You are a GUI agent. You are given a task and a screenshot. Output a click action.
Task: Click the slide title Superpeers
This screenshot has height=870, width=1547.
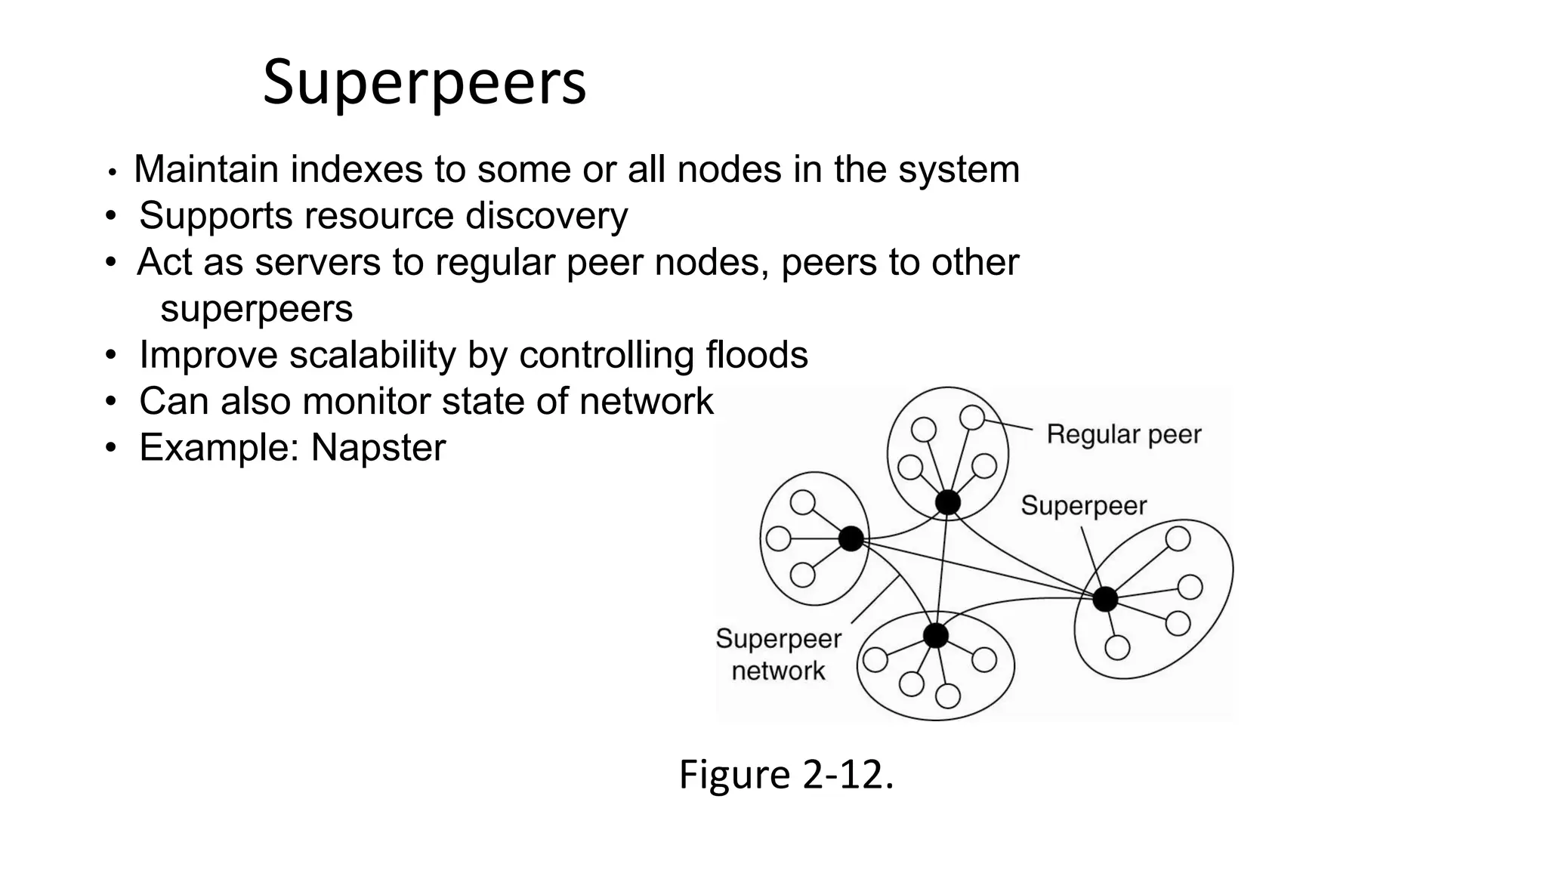424,82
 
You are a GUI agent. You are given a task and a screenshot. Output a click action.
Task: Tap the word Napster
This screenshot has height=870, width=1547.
378,448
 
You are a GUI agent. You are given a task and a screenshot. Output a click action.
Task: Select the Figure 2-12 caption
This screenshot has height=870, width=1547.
786,775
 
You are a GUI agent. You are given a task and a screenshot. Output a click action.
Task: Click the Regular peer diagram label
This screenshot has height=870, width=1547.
1123,434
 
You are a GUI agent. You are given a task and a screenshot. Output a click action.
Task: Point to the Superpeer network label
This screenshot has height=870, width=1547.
778,655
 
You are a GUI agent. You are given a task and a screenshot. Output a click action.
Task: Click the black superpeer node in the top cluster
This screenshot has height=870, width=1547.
947,502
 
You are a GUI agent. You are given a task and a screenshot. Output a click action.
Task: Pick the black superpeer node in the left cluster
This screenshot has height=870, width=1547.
851,538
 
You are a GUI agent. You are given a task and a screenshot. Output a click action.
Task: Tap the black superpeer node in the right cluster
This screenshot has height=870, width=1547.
1104,599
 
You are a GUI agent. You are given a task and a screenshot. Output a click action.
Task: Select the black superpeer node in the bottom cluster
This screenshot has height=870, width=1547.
935,635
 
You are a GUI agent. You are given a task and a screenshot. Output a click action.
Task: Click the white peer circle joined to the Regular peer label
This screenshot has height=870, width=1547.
972,417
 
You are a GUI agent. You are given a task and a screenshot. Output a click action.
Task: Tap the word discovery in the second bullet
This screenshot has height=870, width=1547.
546,216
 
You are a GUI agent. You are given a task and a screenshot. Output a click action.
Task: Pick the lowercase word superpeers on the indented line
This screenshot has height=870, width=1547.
257,309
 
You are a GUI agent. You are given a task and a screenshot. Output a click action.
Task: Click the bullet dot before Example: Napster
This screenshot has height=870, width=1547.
111,449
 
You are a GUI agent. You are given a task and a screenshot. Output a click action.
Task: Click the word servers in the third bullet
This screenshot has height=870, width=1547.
317,263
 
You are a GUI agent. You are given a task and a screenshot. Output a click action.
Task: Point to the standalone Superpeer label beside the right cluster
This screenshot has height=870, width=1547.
1083,505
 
